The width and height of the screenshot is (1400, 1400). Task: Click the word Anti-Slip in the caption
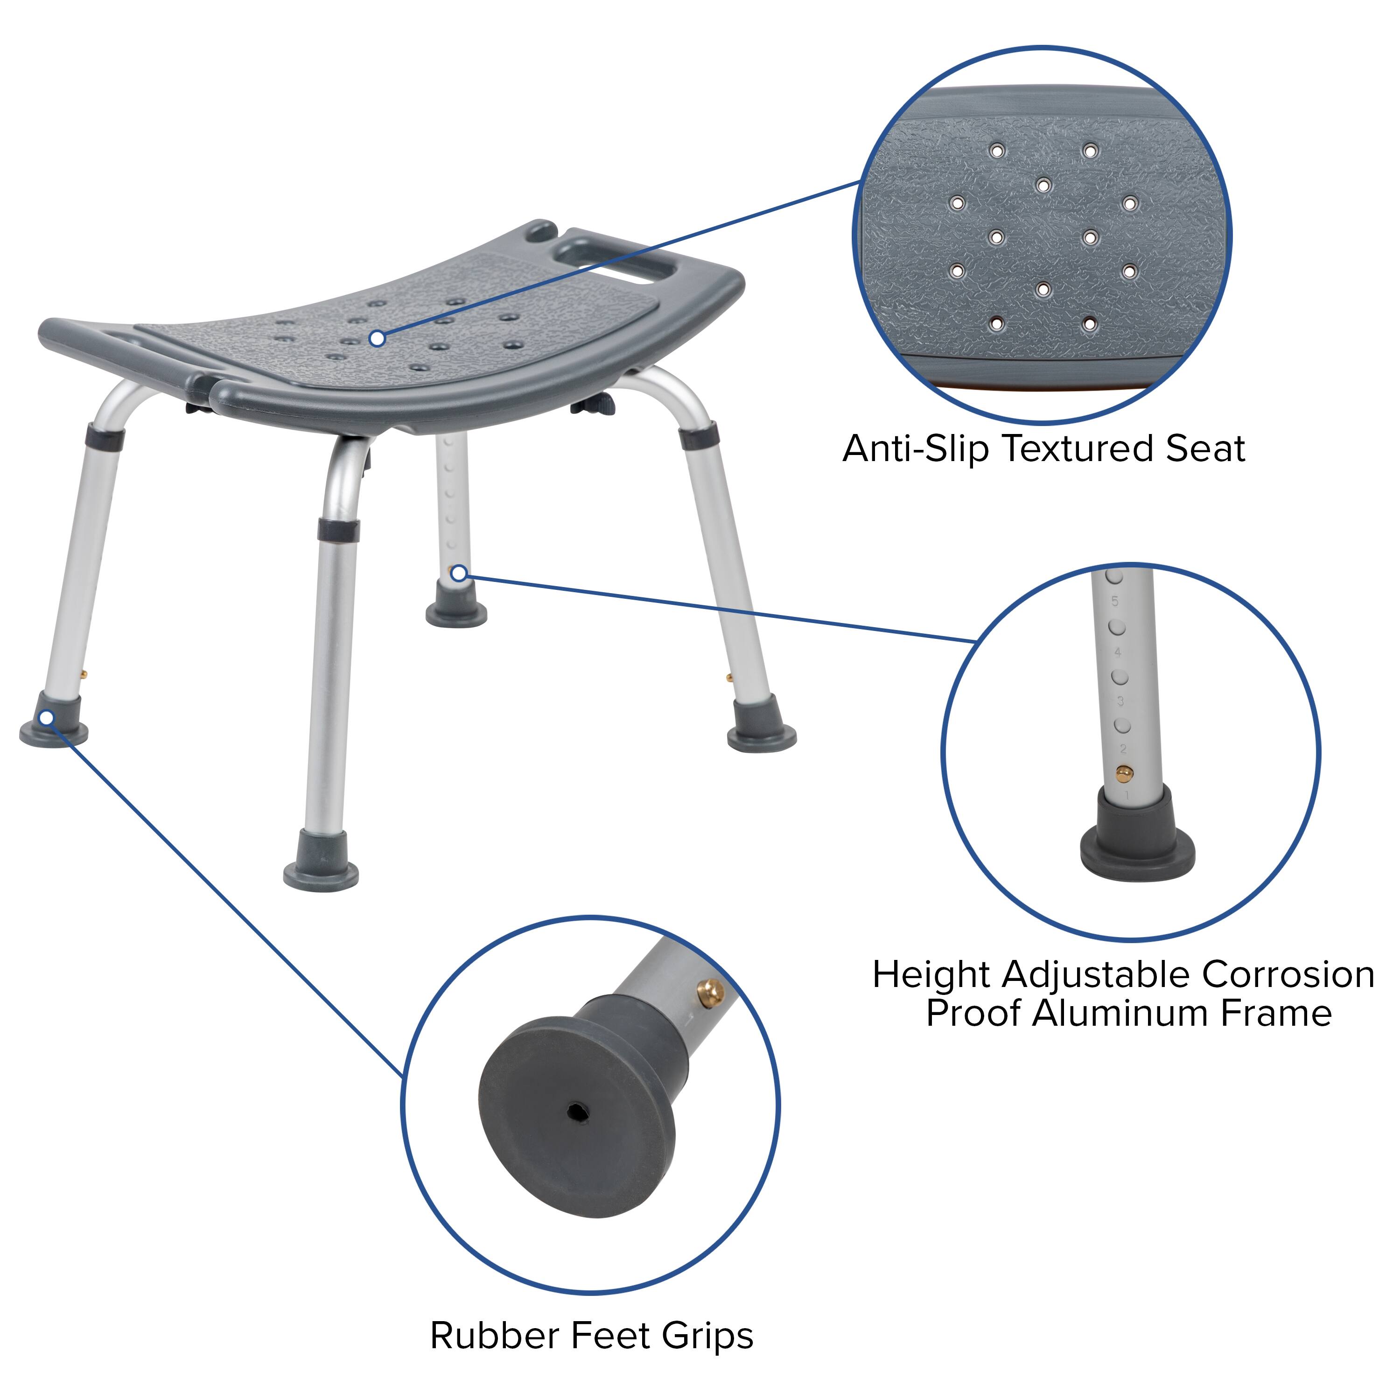(x=915, y=448)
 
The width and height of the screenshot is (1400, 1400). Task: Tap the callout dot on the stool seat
(x=377, y=338)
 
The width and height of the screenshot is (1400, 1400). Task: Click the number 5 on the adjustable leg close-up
(x=1114, y=601)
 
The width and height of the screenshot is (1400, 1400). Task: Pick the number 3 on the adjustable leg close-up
(x=1120, y=701)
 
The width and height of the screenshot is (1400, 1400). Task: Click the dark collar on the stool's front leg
(x=338, y=529)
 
